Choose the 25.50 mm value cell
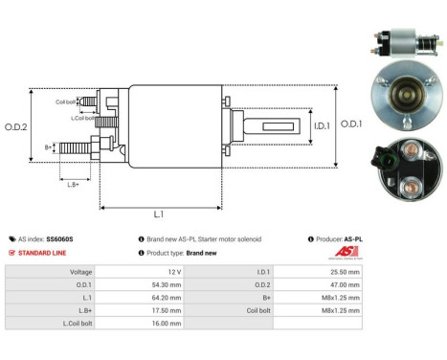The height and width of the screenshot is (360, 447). tap(343, 272)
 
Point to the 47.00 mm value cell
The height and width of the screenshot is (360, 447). tap(343, 284)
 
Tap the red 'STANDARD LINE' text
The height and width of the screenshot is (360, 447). tap(44, 253)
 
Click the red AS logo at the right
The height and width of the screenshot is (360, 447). tap(346, 252)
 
